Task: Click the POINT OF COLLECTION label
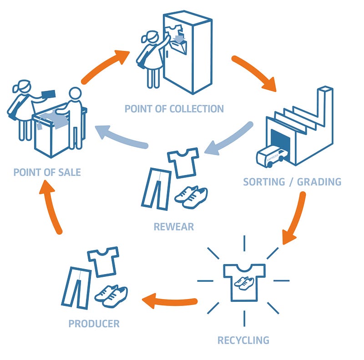coord(174,109)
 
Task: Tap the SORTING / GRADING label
coord(292,182)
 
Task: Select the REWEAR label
coord(174,227)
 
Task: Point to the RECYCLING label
coord(243,340)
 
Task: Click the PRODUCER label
coord(94,324)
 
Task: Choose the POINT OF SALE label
coord(47,172)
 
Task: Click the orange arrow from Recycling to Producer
coord(169,301)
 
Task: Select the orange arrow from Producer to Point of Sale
coord(51,206)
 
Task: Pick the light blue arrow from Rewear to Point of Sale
coord(121,137)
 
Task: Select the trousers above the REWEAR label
coord(156,189)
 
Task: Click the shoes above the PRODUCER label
coord(111,296)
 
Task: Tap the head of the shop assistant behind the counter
coord(75,94)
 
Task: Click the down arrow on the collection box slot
coord(179,39)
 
